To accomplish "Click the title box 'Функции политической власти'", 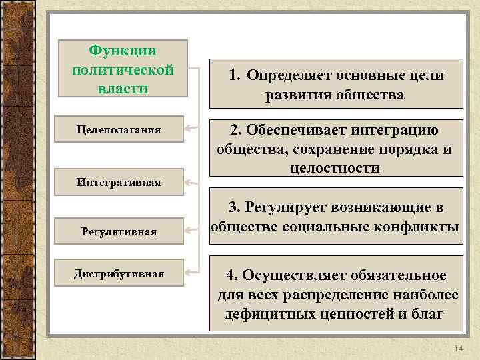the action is (x=123, y=70).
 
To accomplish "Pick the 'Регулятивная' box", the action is (x=119, y=231).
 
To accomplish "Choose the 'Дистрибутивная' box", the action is (x=119, y=273).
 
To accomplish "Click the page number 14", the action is (x=457, y=349).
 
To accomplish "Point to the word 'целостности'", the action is (x=335, y=168).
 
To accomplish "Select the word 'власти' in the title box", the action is (x=123, y=89).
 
